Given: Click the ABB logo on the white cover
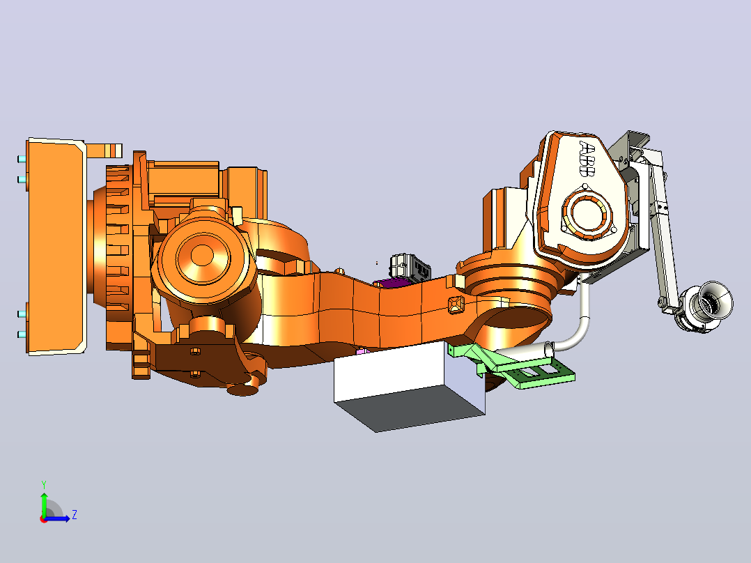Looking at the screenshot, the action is point(587,159).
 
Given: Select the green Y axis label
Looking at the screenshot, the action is point(44,484).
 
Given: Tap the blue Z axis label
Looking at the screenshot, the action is point(75,515).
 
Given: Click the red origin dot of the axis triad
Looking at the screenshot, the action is point(44,519).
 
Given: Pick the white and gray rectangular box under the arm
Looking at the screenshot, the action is point(410,385).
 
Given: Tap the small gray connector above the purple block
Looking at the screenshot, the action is point(410,266).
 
